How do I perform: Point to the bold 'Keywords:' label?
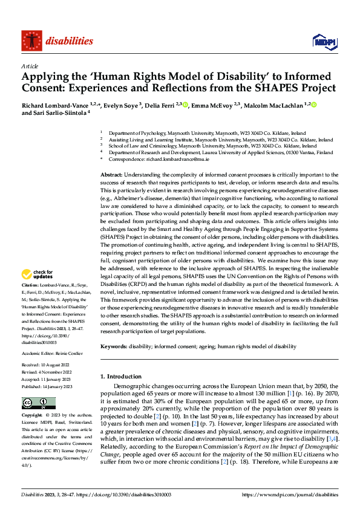pos(114,346)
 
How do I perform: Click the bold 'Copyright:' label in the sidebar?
pos(33,417)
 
